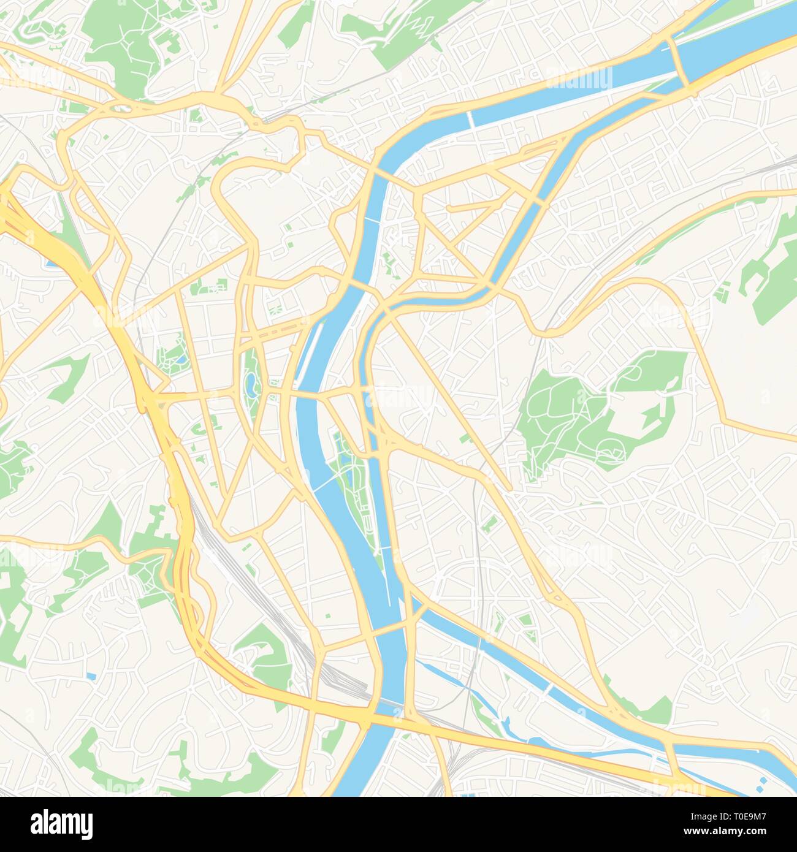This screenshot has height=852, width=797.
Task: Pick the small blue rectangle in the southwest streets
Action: coord(91,676)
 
